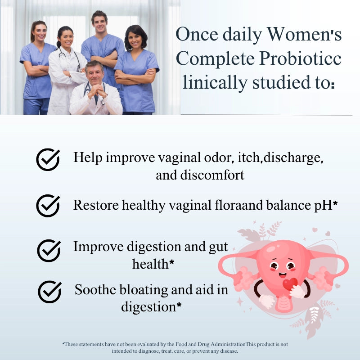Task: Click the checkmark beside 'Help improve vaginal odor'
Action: coord(48,159)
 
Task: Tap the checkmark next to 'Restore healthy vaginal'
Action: coord(48,206)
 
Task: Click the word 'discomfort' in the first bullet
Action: coord(215,175)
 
